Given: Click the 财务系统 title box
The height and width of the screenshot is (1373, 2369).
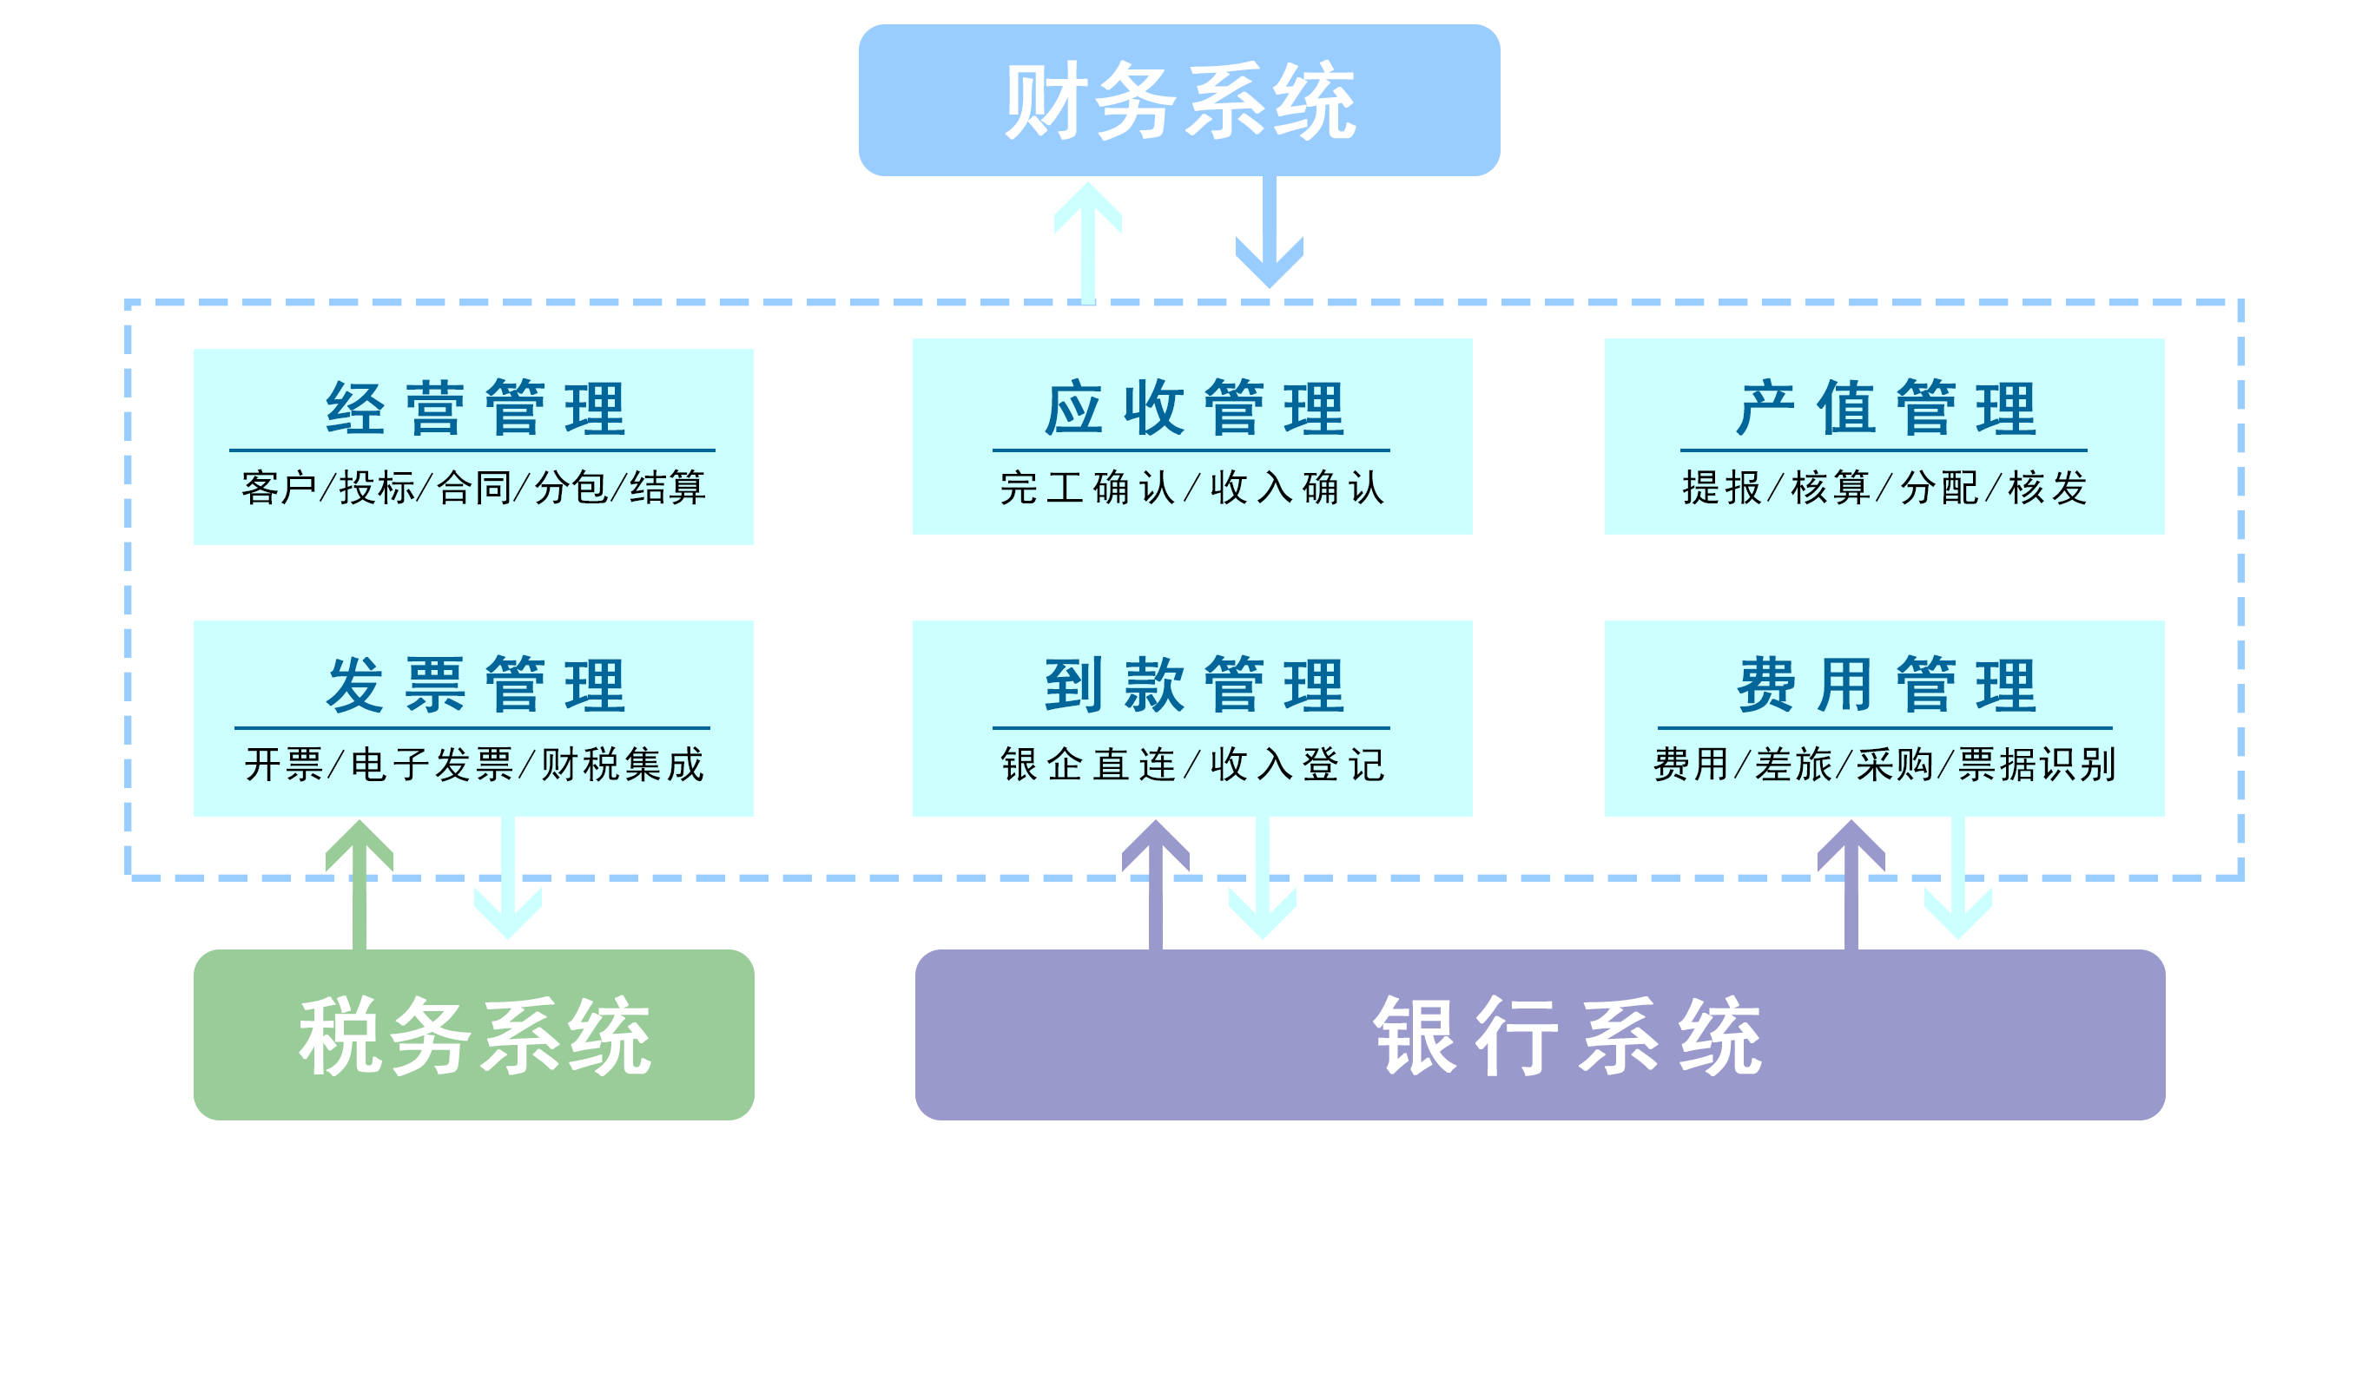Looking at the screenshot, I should tap(1179, 101).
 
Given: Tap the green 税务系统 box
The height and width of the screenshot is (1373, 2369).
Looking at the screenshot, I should tap(474, 1035).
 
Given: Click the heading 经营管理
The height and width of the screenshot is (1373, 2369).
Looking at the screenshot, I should tap(475, 409).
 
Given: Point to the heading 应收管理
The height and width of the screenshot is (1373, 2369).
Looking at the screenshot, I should tap(1193, 409).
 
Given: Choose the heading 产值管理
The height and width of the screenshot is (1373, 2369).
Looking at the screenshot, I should tap(1884, 409).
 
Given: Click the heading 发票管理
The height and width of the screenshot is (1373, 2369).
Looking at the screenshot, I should tap(475, 685).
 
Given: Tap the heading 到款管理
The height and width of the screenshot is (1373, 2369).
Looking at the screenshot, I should tap(1193, 685).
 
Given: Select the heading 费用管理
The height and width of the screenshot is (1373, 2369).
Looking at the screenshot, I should tap(1884, 685).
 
